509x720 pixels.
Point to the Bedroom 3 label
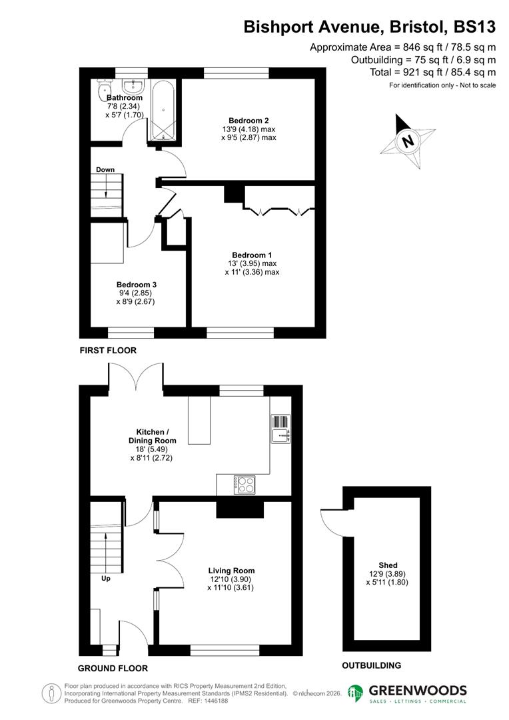coord(136,284)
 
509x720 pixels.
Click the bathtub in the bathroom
coord(163,110)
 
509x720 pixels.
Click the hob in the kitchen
coord(245,484)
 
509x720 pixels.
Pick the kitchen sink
coord(280,437)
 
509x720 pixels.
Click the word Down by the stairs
coord(105,169)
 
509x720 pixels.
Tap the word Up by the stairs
coord(106,579)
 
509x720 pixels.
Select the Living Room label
coord(231,571)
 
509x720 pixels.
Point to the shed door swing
coord(331,521)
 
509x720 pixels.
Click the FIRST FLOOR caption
coord(108,350)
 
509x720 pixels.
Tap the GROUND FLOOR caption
coord(113,668)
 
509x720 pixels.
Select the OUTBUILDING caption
coord(371,665)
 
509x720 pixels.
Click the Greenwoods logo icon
coord(356,693)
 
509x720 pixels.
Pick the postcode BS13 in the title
coord(474,27)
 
